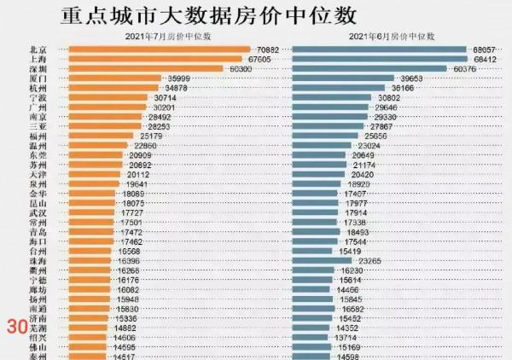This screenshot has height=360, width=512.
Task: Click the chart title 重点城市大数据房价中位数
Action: click(x=210, y=15)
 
